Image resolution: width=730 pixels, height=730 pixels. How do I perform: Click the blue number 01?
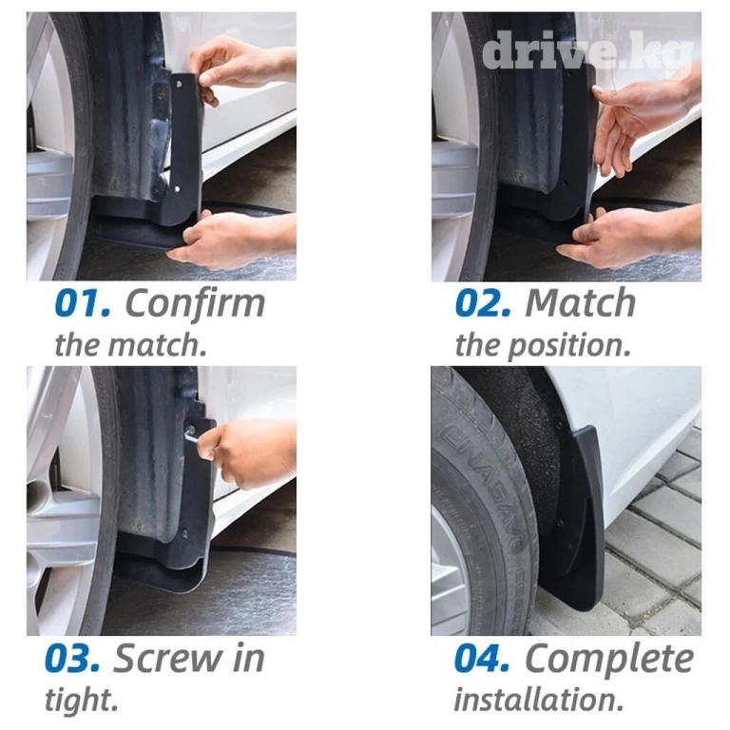(83, 303)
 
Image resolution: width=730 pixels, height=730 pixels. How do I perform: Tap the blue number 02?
(483, 303)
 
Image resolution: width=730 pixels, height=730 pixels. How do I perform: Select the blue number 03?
(72, 659)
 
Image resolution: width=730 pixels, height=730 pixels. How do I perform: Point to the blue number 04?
(482, 659)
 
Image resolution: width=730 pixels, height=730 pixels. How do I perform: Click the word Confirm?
(195, 303)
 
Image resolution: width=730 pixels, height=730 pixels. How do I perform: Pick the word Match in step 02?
(580, 303)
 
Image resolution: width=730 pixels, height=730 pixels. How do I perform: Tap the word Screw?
(167, 659)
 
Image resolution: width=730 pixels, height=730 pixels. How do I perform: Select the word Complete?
(609, 659)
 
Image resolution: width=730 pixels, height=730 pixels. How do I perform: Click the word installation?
(539, 700)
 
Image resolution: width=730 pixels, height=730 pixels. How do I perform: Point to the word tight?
(81, 701)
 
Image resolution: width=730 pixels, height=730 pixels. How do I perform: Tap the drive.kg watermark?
(588, 52)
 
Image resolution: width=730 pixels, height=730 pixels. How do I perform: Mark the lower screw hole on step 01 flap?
(177, 189)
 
